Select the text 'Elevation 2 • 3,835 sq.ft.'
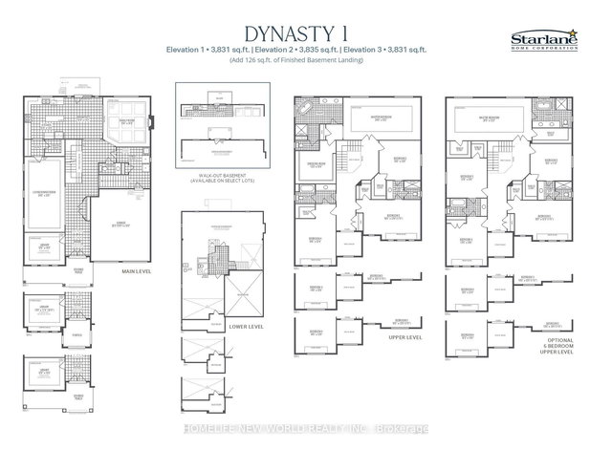tap(308, 49)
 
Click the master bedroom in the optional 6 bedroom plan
tap(518, 118)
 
